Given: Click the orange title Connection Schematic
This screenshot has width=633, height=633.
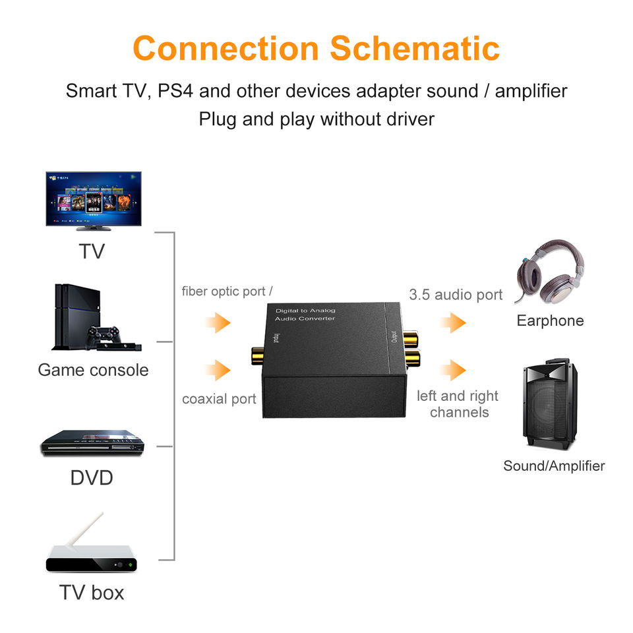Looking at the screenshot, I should (x=316, y=48).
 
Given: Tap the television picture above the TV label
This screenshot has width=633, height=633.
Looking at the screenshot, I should (x=93, y=199).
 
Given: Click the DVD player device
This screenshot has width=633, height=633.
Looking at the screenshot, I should (x=92, y=444).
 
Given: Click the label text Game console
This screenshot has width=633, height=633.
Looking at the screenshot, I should (x=93, y=370).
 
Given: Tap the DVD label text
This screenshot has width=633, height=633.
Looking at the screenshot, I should (x=92, y=477).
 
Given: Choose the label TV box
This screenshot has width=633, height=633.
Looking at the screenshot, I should (x=92, y=592).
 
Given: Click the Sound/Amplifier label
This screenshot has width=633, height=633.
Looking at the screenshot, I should (x=554, y=466).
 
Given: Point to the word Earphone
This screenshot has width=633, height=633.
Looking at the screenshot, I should (x=550, y=321).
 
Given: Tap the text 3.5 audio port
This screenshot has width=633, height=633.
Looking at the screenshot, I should (x=456, y=295).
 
